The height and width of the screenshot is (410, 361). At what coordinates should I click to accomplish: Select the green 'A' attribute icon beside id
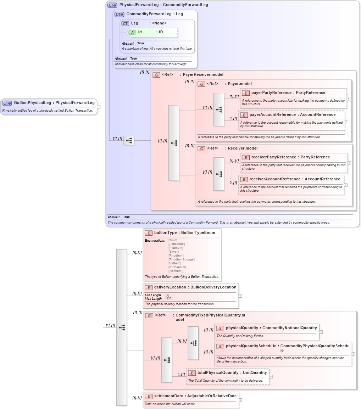[132, 32]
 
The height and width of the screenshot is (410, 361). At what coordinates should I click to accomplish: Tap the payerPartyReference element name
[271, 93]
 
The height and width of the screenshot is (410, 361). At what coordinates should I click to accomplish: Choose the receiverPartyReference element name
[272, 157]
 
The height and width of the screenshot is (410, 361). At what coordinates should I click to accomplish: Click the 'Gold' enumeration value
[173, 240]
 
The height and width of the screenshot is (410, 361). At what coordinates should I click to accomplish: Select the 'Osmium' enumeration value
[176, 271]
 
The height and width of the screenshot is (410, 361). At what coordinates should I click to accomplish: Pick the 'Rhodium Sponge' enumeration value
[181, 259]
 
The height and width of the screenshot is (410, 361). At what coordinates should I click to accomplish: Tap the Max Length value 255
[169, 298]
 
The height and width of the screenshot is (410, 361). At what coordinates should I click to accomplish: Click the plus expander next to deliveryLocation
[240, 296]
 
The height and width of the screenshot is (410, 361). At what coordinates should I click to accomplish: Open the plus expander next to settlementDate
[241, 400]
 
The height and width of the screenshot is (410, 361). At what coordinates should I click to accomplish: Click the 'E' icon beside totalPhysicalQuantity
[192, 373]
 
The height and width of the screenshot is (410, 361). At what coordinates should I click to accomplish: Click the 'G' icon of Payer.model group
[201, 84]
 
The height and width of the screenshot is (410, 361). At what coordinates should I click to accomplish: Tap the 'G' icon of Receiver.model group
[201, 148]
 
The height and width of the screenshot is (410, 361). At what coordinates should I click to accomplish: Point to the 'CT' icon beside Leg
[125, 23]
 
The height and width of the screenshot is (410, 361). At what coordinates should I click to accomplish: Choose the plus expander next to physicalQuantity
[321, 332]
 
